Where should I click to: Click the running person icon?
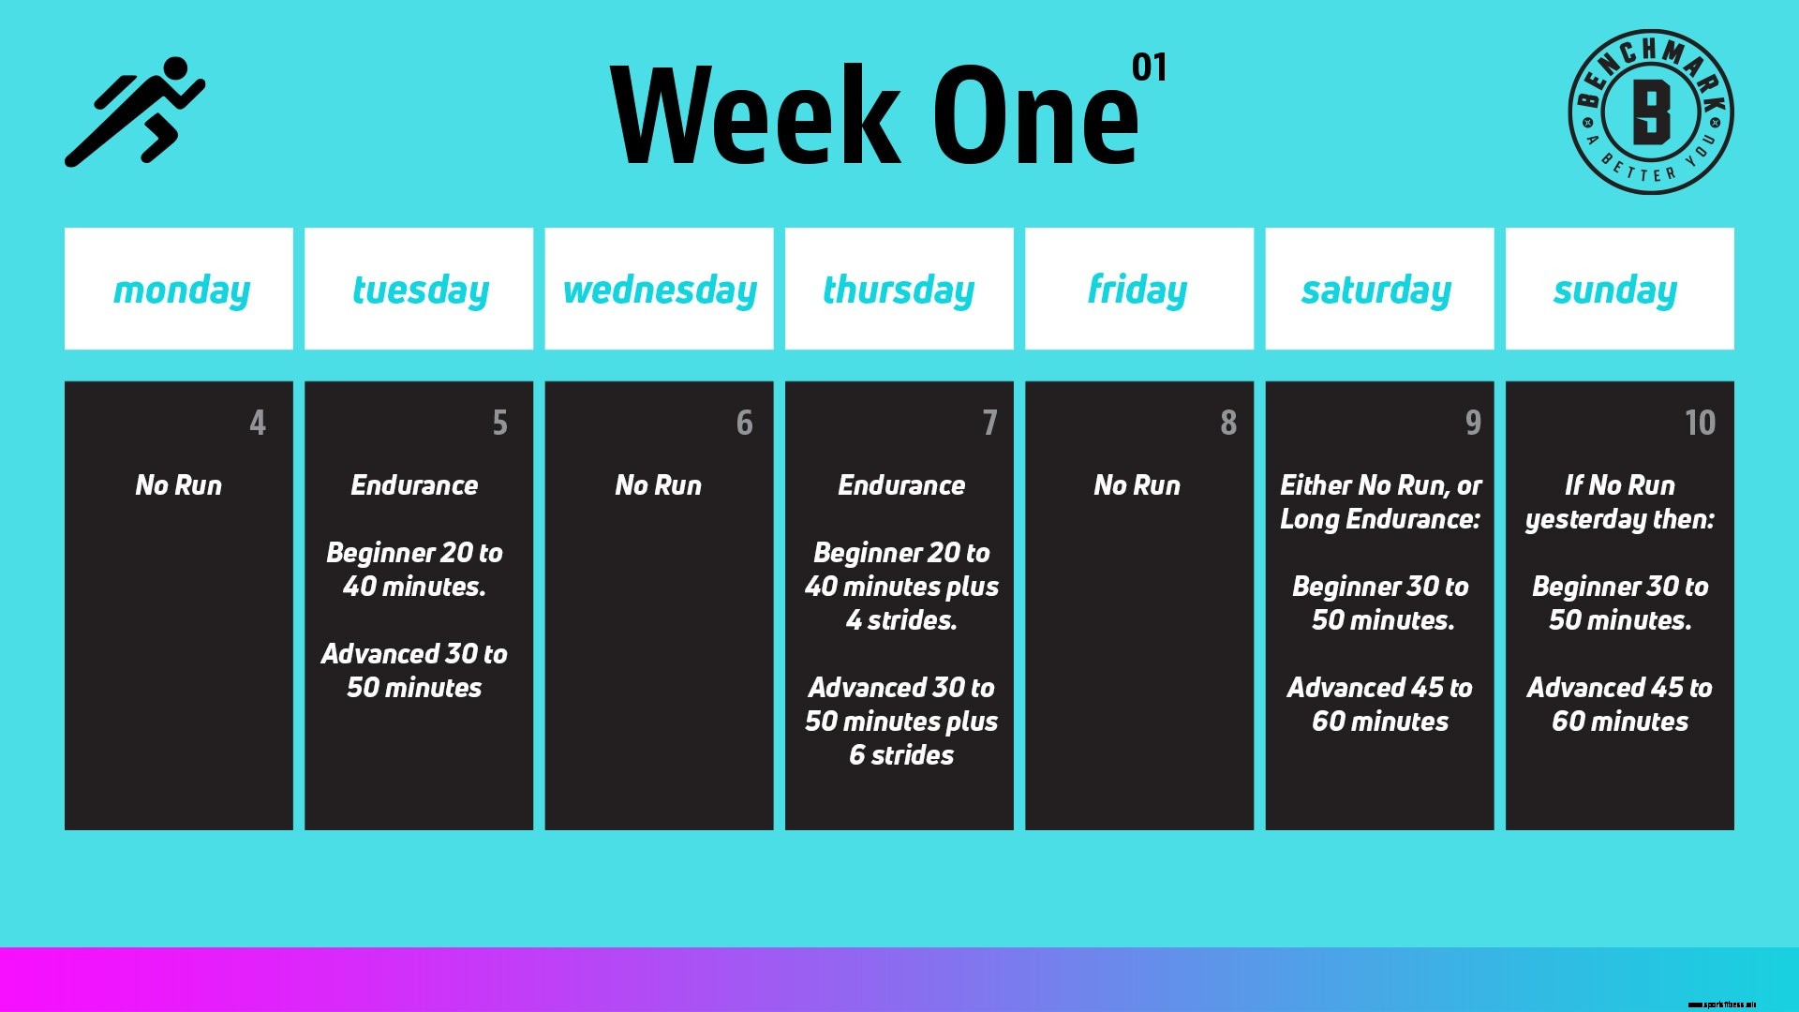click(135, 112)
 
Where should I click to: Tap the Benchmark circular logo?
click(1650, 112)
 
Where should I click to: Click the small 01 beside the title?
click(1149, 67)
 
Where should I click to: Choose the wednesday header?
click(660, 290)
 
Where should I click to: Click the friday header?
click(1137, 290)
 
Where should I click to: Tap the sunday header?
click(1615, 290)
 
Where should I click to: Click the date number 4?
click(258, 423)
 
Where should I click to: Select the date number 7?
click(989, 423)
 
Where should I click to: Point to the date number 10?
click(1700, 423)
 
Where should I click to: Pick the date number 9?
click(1473, 423)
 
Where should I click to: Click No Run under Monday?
click(179, 485)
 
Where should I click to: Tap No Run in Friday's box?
click(1137, 485)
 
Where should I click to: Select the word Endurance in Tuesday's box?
click(414, 485)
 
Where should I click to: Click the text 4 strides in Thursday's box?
click(901, 620)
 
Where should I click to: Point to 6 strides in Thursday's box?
click(901, 755)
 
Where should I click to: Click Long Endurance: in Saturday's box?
click(1380, 519)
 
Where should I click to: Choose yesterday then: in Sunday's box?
click(1620, 519)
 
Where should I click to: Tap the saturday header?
click(1376, 290)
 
